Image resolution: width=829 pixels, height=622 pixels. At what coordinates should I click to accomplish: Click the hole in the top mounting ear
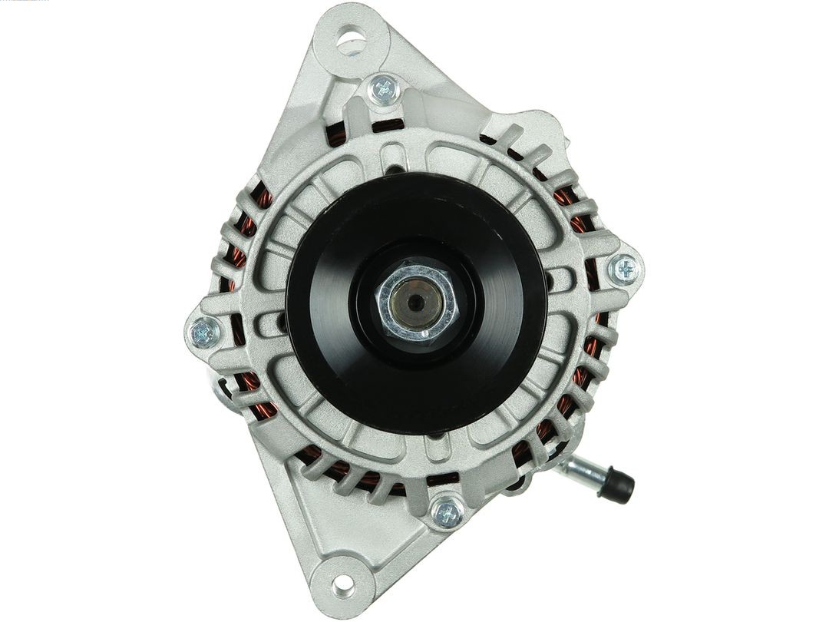352,38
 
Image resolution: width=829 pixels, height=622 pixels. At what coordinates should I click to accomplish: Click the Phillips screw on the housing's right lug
625,269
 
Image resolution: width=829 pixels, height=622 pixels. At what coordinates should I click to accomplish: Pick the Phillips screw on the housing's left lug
204,332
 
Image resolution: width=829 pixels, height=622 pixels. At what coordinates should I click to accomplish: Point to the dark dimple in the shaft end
414,303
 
